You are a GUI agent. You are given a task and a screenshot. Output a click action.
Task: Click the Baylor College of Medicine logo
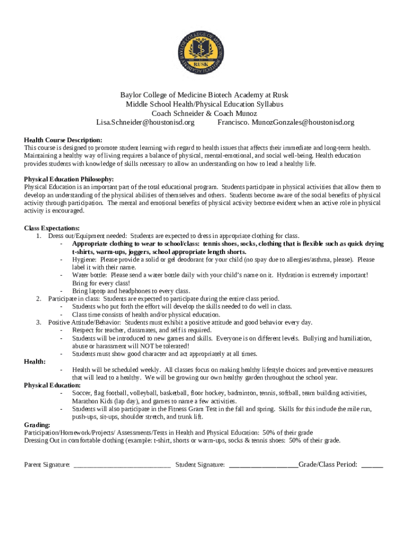click(x=204, y=52)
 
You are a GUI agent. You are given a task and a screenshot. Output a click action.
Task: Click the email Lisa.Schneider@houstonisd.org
click(x=145, y=122)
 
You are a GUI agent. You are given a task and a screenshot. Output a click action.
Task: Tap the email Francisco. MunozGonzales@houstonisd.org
click(x=286, y=122)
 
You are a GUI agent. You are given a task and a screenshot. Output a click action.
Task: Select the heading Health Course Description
click(x=63, y=140)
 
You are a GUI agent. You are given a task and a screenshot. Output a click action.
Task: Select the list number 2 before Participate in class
click(x=39, y=299)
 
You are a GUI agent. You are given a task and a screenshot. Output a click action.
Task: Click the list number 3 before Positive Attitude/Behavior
click(x=39, y=322)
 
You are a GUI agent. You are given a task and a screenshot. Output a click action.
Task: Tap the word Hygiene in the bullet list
click(x=84, y=260)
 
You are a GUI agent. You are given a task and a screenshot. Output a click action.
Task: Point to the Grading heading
click(x=37, y=424)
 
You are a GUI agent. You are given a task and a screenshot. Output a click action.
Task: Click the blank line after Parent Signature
click(x=122, y=465)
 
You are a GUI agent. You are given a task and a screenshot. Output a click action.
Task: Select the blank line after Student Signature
click(x=263, y=465)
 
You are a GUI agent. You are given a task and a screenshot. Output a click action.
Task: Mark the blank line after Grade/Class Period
click(x=372, y=465)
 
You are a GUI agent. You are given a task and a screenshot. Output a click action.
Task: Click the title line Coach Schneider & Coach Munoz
click(x=204, y=113)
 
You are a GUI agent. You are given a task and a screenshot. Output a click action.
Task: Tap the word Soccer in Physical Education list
click(x=82, y=393)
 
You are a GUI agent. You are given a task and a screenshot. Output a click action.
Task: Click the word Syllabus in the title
click(x=269, y=104)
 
